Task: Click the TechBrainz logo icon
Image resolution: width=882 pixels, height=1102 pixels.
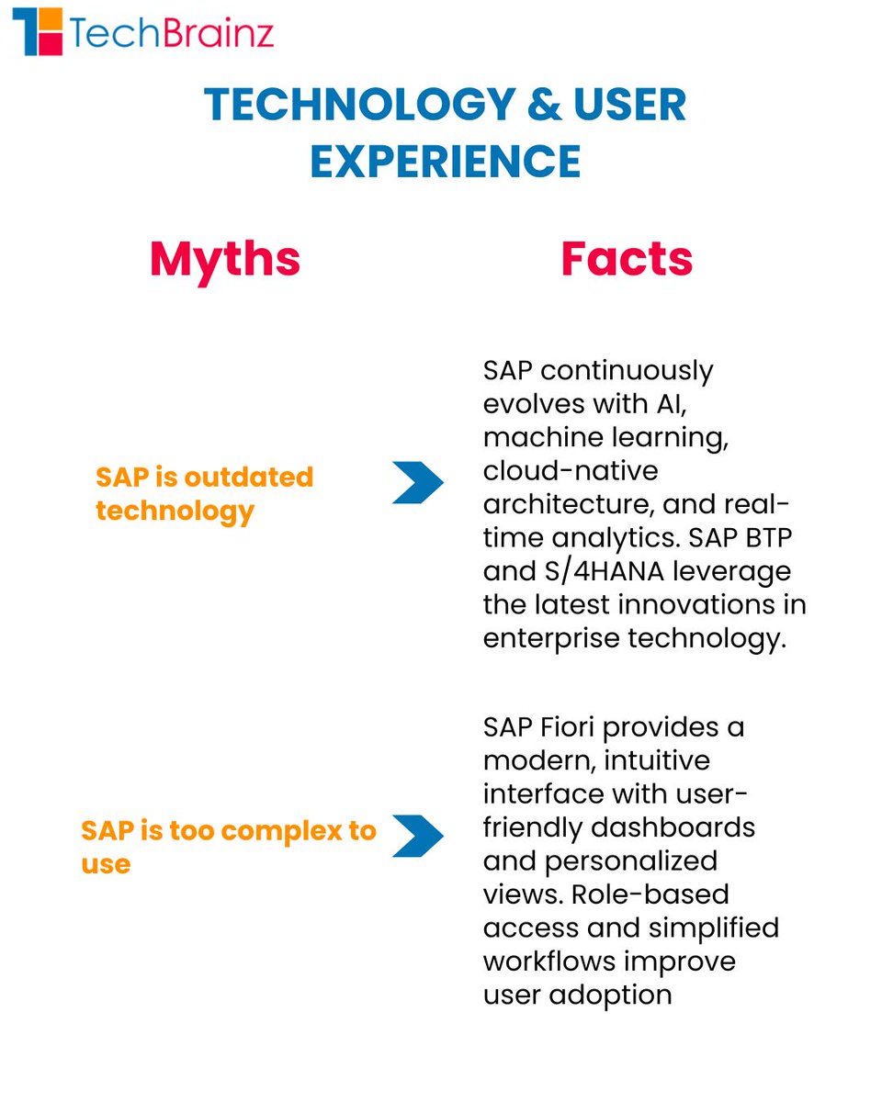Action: [x=38, y=31]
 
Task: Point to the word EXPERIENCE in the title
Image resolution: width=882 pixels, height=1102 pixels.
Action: [x=446, y=161]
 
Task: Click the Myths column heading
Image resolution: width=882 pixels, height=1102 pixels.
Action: [x=225, y=259]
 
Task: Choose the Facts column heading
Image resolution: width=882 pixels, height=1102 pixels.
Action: [x=627, y=259]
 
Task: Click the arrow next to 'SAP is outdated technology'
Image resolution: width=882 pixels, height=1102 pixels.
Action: [x=418, y=483]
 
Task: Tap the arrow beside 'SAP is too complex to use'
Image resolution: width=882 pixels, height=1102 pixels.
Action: [x=418, y=836]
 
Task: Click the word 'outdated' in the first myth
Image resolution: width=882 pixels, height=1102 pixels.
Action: [x=248, y=478]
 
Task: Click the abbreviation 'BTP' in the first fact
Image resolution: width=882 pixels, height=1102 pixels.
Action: [x=768, y=537]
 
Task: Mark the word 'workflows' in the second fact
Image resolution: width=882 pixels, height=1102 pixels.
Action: [x=548, y=961]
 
